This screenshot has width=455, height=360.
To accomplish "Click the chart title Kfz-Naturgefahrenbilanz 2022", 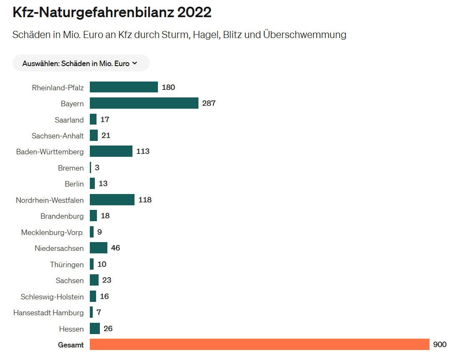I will pos(112,13).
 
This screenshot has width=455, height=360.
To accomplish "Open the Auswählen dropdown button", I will pos(80,64).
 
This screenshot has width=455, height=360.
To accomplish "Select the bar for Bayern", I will pos(144,103).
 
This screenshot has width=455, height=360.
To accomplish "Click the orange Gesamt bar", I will pos(259,345).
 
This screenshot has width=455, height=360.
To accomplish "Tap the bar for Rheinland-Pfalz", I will pos(124,87).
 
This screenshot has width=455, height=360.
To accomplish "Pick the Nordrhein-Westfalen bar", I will pos(112,200).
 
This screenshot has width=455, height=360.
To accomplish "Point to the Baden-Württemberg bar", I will pos(111,151).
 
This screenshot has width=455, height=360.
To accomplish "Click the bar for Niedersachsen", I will pos(98,248).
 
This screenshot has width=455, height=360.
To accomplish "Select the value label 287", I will pos(208,103).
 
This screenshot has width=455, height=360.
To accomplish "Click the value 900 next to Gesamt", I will pos(440,345).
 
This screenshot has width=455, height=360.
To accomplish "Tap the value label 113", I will pos(143,151).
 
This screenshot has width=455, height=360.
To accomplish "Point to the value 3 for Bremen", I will pos(97,168).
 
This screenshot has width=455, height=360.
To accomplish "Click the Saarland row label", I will pos(69,120).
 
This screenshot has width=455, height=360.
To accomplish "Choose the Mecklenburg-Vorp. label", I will pos(52,232).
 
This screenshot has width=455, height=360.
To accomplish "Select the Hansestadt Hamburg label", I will pos(48,313).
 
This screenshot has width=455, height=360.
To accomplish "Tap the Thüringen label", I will pos(67,265).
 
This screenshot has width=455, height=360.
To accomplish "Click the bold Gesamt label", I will pos(71,345).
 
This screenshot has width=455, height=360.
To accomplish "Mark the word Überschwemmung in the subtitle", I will pos(305,35).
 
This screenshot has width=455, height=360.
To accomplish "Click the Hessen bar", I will pos(95,329).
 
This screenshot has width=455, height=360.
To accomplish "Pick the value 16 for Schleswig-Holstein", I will pos(104,296).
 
